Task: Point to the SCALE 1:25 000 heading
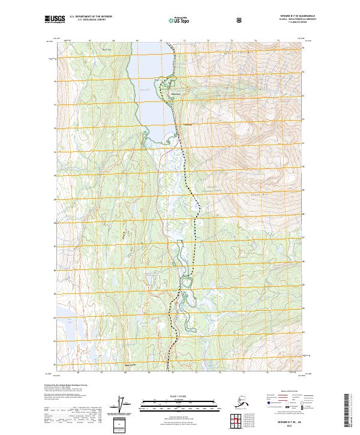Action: coord(179,395)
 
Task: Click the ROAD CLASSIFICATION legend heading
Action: coord(285,389)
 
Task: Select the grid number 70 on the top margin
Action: coord(161,41)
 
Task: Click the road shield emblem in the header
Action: coord(239,20)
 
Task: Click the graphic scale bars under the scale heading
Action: coord(179,403)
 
